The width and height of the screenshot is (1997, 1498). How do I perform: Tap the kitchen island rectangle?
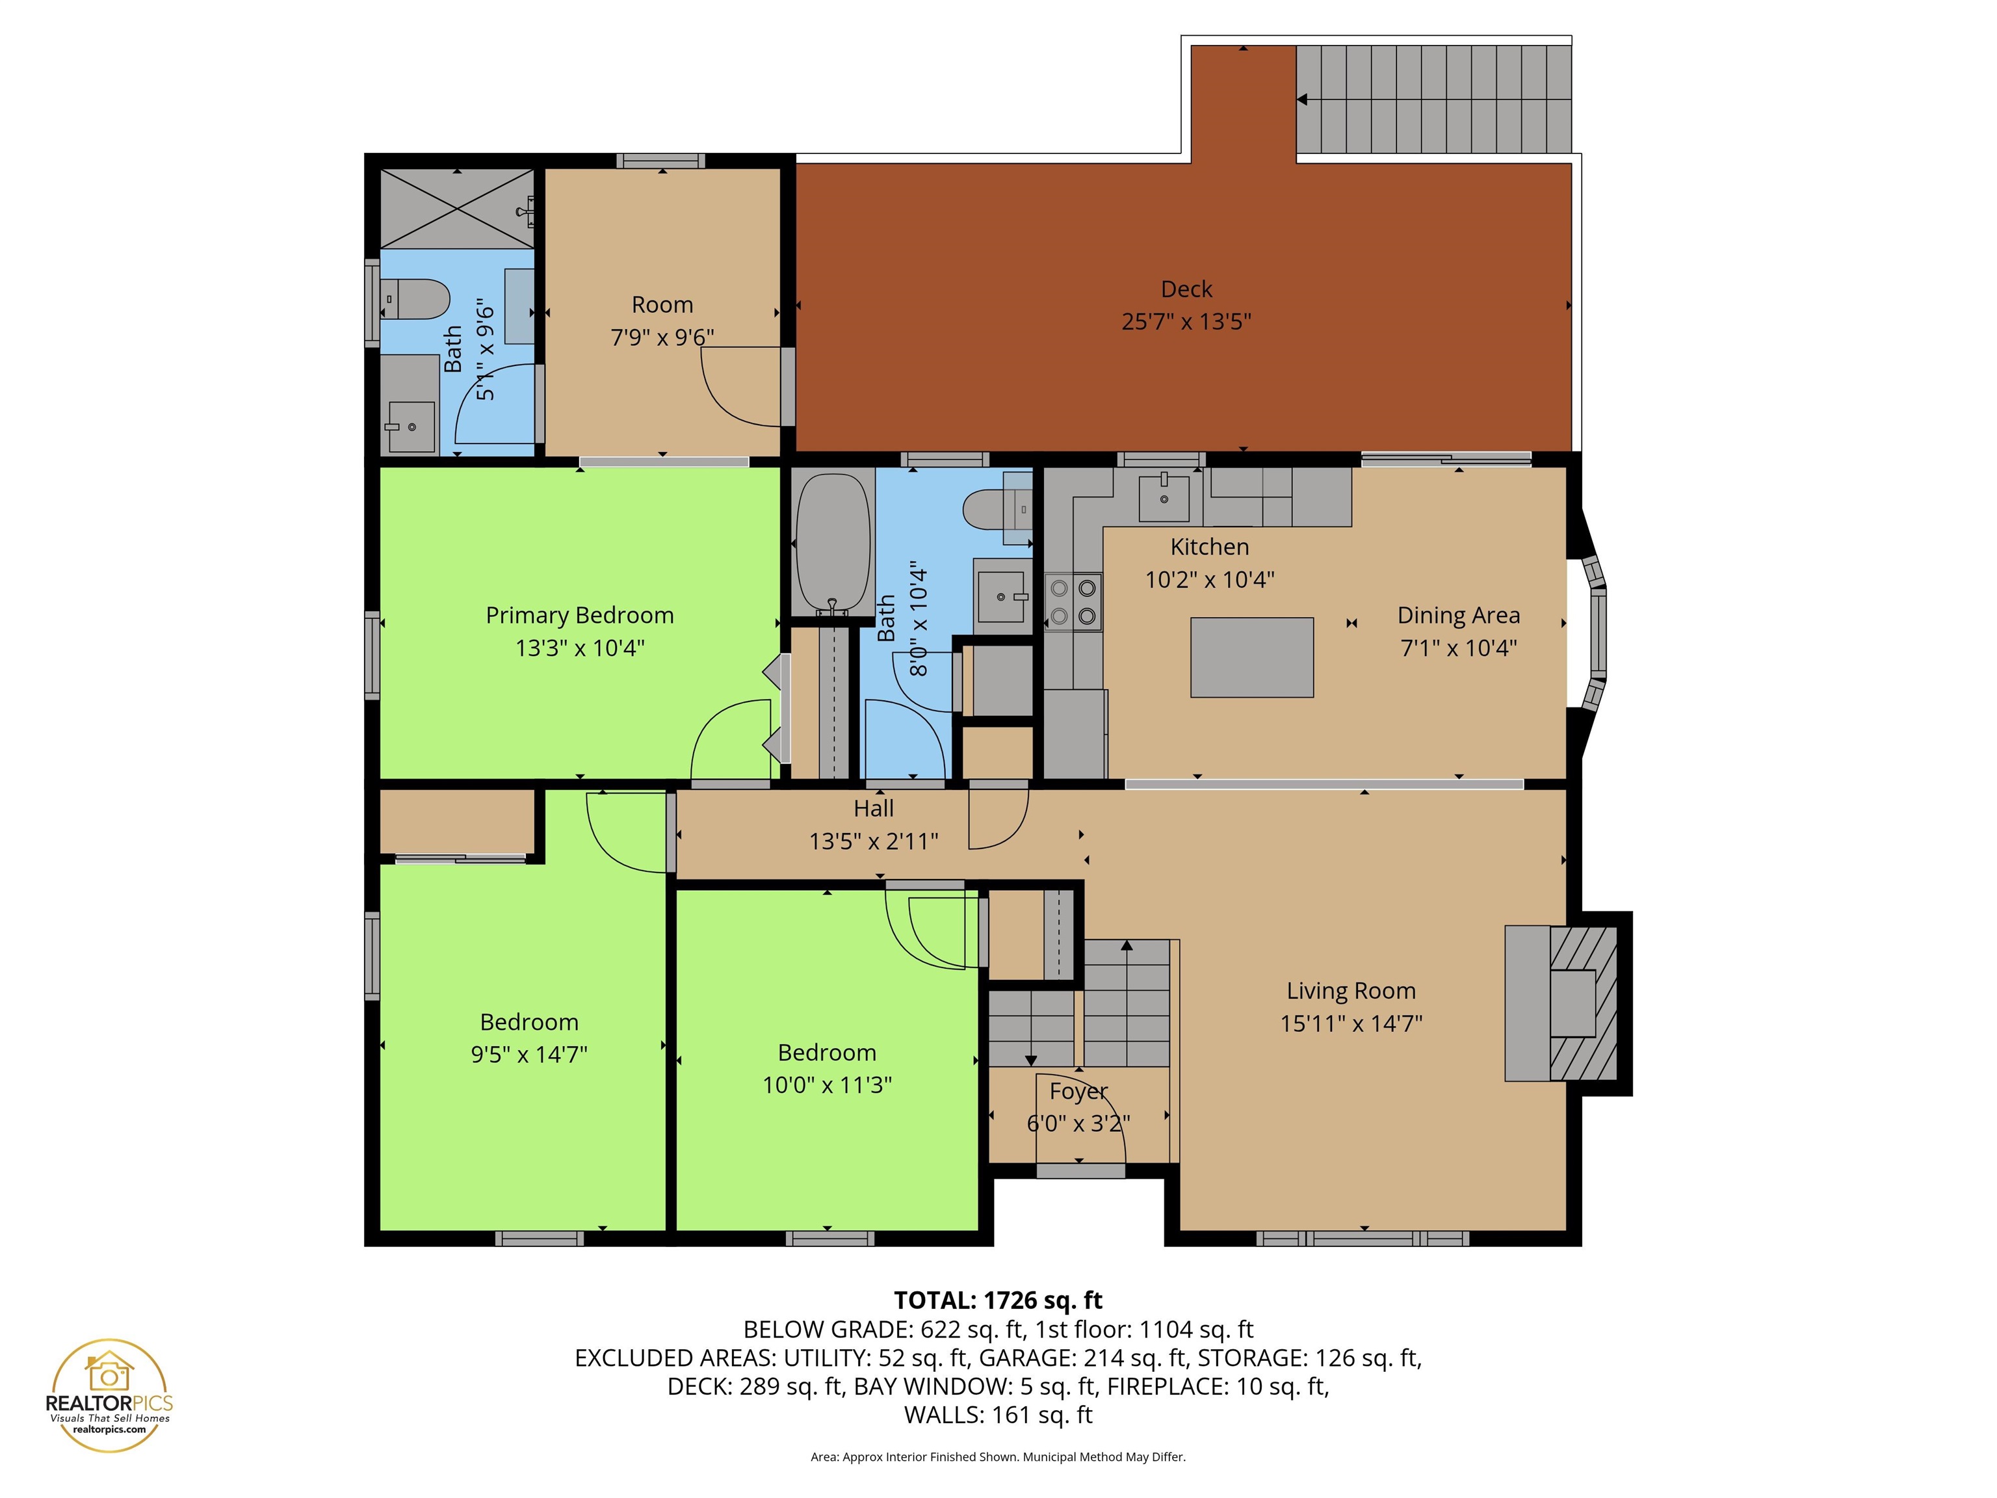click(1251, 657)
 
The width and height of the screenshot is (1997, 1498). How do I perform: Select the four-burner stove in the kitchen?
click(1073, 601)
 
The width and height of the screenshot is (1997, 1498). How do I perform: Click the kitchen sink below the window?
click(1164, 497)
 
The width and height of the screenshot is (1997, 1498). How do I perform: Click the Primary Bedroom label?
click(580, 616)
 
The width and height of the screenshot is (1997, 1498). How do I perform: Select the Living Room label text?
click(1351, 991)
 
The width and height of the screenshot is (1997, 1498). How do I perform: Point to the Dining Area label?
click(1458, 616)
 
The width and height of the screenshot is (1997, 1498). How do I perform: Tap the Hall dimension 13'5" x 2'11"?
click(873, 841)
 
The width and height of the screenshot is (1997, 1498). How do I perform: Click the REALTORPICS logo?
click(109, 1395)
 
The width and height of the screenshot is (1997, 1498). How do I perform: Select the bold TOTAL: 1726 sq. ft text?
click(998, 1300)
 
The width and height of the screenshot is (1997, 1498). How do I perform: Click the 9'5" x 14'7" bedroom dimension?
click(529, 1054)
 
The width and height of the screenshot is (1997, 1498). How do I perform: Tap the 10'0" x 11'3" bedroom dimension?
click(827, 1084)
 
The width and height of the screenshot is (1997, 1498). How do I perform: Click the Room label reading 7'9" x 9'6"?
click(662, 337)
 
